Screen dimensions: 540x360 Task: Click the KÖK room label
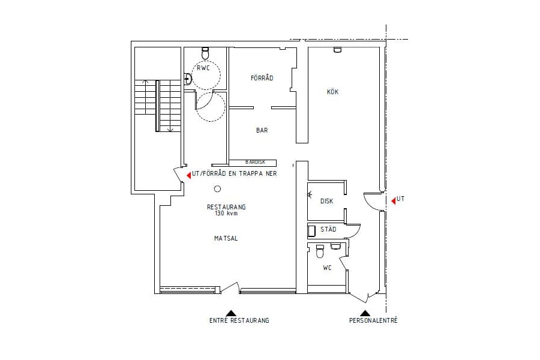pos(332,92)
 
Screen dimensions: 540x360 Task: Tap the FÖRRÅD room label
pos(262,78)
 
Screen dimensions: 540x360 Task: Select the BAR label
pos(262,130)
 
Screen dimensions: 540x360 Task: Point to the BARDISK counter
pos(253,162)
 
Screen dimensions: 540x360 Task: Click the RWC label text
pos(203,68)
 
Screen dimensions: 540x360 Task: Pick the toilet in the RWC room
pos(205,53)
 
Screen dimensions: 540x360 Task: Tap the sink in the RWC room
pos(188,79)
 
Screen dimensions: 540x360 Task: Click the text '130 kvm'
pos(226,213)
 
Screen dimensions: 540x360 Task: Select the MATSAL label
pos(226,238)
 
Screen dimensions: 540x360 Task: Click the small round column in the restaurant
pos(217,189)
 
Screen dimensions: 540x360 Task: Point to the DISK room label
pos(327,201)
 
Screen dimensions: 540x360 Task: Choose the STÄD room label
pos(328,229)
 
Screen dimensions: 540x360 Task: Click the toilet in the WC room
pos(320,252)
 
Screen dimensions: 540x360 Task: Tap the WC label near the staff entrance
pos(327,268)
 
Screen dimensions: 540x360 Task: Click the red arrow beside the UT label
pos(393,201)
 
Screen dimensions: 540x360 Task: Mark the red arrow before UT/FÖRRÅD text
pos(189,175)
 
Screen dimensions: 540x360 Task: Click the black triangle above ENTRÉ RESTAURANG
pos(231,313)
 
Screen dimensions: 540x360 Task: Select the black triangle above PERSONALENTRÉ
pos(365,313)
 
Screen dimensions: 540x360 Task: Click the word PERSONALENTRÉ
pos(373,320)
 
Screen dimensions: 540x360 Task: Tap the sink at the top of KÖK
pos(337,50)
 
